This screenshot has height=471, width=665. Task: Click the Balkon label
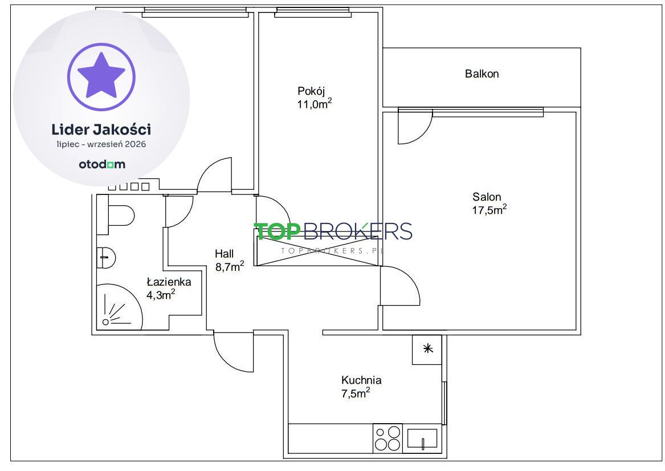click(482, 74)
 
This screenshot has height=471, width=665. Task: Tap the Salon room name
click(487, 197)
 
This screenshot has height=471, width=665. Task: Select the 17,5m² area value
click(489, 210)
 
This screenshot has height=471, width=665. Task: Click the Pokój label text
click(311, 91)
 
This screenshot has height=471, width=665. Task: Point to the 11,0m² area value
click(314, 104)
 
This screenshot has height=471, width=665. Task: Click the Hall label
click(225, 254)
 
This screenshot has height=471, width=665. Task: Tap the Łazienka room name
click(169, 282)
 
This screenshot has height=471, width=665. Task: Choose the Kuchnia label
click(361, 380)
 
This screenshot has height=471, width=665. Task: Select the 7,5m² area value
click(356, 393)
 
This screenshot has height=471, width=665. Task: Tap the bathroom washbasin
click(106, 258)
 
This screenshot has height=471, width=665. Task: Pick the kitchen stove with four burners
click(387, 438)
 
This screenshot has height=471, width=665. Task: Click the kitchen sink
click(422, 438)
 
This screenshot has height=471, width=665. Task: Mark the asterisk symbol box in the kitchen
click(427, 349)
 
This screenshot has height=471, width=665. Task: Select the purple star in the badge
click(101, 75)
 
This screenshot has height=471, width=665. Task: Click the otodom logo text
click(102, 164)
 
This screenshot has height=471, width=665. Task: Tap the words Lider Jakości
click(101, 129)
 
